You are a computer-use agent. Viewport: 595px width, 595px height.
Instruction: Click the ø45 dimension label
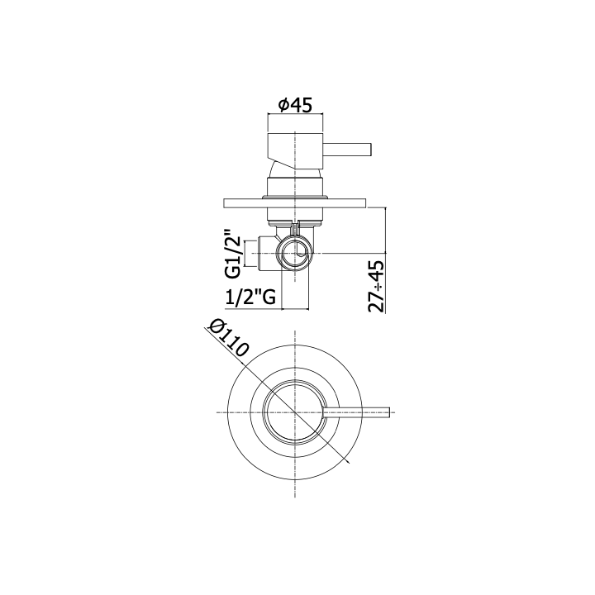tap(295, 105)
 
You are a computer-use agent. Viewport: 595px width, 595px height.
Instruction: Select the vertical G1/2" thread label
tap(233, 253)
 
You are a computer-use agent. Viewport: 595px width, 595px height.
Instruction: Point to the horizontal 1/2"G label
tap(250, 297)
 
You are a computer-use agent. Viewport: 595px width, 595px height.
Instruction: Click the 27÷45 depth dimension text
tap(376, 286)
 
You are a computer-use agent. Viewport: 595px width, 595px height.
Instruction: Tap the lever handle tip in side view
tap(371, 150)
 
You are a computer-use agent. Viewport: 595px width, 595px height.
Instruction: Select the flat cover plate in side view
tap(295, 203)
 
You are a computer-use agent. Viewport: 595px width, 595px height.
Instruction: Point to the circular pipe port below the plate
tap(295, 253)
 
